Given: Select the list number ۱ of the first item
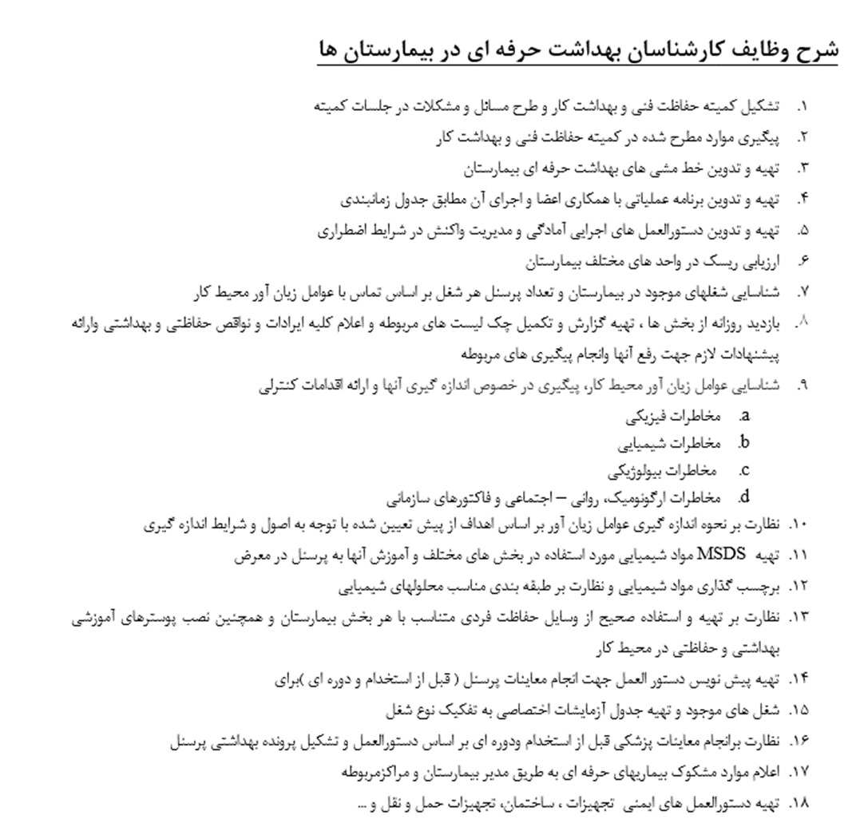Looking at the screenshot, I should pos(803,106).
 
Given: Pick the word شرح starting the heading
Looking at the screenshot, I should pos(818,49).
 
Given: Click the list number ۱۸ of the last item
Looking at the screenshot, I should pos(799,803).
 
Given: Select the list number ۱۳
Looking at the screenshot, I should pos(799,618).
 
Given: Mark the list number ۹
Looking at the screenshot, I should pos(803,386).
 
